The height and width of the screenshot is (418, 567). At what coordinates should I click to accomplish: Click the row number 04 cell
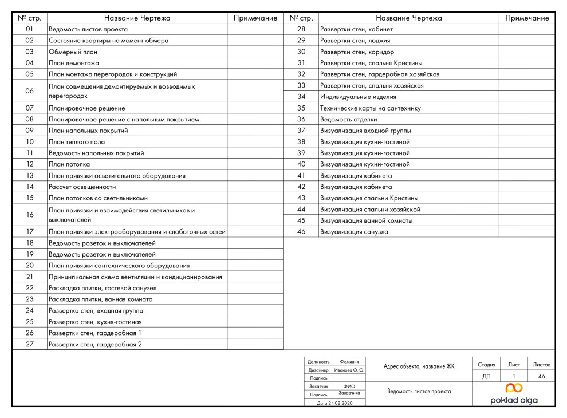[30, 63]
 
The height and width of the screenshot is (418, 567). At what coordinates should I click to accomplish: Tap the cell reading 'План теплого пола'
[77, 142]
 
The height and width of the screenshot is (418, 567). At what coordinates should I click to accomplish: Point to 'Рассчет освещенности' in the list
[82, 187]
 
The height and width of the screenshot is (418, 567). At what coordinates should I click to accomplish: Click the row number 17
[30, 232]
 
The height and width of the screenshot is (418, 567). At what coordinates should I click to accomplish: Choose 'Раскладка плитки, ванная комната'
[100, 299]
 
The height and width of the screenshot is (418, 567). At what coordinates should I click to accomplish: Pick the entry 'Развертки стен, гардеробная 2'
[95, 345]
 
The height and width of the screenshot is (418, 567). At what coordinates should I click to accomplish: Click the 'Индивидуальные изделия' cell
[358, 97]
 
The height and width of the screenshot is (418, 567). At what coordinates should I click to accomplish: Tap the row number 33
[301, 85]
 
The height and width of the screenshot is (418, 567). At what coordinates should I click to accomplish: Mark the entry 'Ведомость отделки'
[349, 119]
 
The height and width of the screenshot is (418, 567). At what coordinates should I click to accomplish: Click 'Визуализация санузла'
[355, 232]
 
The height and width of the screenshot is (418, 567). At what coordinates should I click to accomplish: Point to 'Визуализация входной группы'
[365, 131]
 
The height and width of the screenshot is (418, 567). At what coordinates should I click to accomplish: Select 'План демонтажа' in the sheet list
[74, 63]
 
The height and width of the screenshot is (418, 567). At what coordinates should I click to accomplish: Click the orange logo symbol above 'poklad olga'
[514, 388]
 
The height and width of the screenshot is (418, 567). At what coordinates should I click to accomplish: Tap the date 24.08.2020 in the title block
[336, 403]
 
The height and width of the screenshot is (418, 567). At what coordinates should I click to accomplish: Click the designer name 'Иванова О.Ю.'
[349, 370]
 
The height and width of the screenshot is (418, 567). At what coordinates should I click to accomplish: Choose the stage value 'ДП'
[486, 376]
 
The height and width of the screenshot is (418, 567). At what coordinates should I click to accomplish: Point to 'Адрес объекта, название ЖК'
[419, 366]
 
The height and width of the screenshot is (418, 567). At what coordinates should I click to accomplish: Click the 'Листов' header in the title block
[541, 364]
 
